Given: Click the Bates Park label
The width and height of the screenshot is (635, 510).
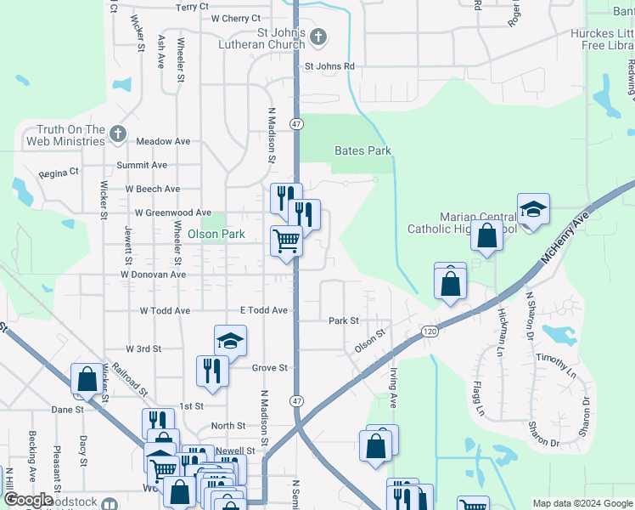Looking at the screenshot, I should (362, 150).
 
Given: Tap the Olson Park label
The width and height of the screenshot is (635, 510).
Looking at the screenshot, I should (216, 234).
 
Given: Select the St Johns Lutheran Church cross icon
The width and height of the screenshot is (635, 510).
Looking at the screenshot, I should (317, 37).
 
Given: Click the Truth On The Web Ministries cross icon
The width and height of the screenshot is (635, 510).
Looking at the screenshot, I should (117, 133).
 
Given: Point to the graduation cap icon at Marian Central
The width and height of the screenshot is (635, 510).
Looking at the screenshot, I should (533, 208).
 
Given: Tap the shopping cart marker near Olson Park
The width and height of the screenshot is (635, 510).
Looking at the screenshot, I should (286, 241).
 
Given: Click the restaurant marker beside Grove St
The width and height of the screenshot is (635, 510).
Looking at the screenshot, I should (211, 370).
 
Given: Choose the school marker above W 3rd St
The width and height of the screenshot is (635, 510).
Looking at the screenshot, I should (229, 340).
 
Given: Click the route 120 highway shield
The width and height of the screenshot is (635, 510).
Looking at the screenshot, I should (430, 330).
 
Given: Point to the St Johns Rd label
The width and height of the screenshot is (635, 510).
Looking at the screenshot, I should (329, 66).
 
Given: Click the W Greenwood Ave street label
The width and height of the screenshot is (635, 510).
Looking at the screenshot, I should (172, 212).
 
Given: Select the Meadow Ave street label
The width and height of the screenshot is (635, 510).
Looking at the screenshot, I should (163, 141).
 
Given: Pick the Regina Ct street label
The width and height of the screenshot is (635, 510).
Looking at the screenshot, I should (59, 172).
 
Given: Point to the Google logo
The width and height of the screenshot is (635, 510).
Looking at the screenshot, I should (28, 500).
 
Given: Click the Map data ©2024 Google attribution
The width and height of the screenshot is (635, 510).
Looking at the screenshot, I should (582, 503).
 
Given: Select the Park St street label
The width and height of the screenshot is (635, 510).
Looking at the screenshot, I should (344, 320).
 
